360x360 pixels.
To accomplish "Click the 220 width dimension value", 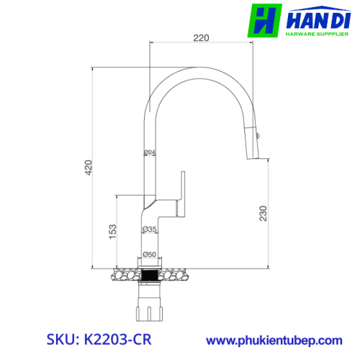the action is (201, 38).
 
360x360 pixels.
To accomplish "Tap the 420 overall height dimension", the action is (89, 168).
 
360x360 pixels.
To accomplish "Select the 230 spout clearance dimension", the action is (263, 213).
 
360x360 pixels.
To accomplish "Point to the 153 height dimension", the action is (112, 232).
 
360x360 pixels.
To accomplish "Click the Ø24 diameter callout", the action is (150, 152).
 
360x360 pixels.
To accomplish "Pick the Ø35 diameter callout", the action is (149, 229).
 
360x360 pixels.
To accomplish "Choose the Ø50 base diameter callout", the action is (149, 254).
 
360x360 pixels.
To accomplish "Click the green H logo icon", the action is (264, 21).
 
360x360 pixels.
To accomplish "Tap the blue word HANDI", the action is (318, 21).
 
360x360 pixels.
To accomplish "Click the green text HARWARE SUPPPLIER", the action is (317, 34).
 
